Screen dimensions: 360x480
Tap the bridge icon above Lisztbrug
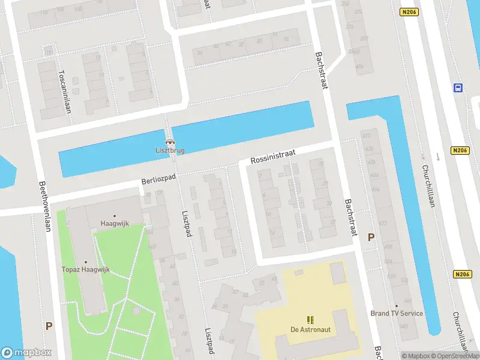170,142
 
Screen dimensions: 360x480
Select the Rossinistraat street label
273,158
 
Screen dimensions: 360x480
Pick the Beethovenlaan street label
45,206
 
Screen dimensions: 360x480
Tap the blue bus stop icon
458,88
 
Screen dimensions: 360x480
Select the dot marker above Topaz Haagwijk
86,262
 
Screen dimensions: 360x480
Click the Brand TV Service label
397,313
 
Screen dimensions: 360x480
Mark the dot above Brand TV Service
397,305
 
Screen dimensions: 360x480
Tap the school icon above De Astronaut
310,320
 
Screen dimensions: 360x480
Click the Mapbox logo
26,353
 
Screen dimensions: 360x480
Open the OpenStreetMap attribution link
455,356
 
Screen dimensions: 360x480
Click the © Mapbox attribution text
416,356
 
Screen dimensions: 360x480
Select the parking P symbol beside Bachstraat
371,237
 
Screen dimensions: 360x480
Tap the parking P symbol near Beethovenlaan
49,326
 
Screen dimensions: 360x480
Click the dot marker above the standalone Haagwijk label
114,215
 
